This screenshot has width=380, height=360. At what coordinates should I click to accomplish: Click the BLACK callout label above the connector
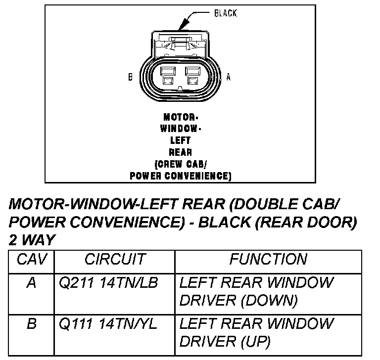click(225, 13)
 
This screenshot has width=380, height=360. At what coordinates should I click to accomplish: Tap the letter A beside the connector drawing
click(229, 77)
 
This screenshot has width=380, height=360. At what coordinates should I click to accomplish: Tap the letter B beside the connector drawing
click(130, 77)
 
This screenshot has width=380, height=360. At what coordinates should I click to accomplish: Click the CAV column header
click(31, 259)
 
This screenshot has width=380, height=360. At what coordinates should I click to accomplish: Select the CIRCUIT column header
click(115, 259)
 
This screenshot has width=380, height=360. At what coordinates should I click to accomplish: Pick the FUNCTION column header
click(268, 259)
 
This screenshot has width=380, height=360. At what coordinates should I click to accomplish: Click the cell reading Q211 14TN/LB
click(108, 283)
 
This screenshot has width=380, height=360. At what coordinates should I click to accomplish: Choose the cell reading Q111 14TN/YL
click(108, 324)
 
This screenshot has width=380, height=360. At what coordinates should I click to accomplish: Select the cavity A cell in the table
click(31, 283)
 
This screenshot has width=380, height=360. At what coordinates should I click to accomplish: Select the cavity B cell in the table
click(31, 324)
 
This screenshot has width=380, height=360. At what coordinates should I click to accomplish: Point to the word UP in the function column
click(258, 341)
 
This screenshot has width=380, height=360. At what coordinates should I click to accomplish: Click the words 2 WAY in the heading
click(32, 239)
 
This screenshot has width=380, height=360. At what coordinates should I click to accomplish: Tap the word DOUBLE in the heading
click(259, 205)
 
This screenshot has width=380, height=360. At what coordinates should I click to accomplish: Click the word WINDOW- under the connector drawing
click(180, 129)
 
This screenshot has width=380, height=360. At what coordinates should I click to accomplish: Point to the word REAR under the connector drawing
click(180, 152)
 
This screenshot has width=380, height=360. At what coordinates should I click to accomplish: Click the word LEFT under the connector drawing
click(180, 140)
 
